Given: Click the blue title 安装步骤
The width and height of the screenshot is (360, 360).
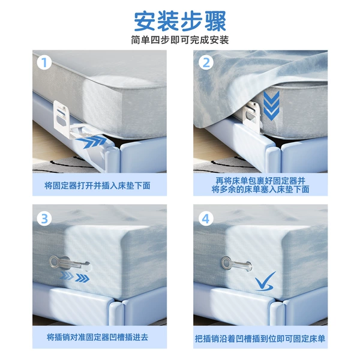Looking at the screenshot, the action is point(180,22).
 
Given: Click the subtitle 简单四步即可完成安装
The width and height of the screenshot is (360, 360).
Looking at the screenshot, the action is point(180,40).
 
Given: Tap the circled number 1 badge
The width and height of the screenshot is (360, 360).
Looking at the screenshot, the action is point(44,62).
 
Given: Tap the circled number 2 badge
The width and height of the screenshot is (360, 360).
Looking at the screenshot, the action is point(206,62).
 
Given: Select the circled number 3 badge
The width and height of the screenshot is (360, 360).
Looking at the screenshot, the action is point(44,219).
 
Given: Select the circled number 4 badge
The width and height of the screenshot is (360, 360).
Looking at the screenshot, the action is point(206,219).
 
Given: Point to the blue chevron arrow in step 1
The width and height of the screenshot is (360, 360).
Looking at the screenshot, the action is point(93,142).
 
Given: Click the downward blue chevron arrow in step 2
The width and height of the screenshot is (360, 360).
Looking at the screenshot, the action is point(271,106).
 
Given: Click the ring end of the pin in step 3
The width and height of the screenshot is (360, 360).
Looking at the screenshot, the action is point(55,262).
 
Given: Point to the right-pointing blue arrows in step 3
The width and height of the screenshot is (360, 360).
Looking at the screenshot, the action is point(75,277).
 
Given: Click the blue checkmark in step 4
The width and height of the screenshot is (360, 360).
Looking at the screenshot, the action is point(265,281).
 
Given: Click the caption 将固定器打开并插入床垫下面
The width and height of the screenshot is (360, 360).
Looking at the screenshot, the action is point(97,185).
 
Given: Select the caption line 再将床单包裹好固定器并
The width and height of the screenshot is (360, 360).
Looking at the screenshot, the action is point(260,181).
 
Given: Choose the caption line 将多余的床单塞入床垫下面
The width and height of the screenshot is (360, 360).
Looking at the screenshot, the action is point(260,190).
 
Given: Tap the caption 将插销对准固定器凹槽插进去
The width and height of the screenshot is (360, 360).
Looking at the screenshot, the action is point(97,337).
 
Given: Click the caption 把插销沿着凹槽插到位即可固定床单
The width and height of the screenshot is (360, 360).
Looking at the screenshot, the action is point(260,338).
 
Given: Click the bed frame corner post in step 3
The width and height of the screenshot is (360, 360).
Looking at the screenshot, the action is point(116,313).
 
